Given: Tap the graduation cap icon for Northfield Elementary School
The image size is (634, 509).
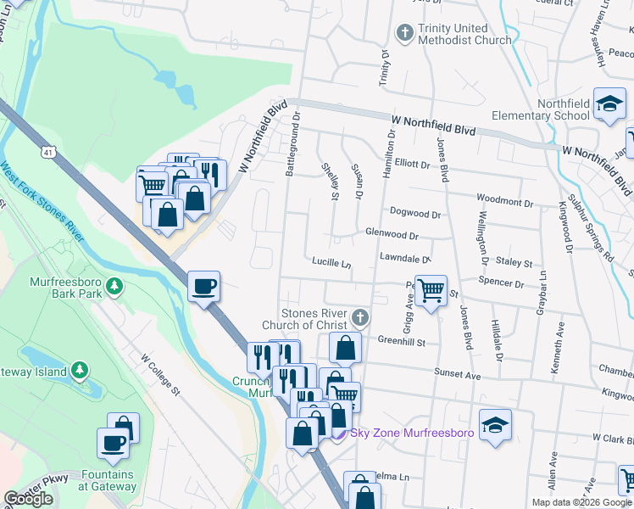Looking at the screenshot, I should point(609,105).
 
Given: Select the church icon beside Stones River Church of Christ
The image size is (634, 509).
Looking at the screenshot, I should point(360,319).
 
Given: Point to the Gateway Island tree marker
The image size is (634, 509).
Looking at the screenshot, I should point(79,370).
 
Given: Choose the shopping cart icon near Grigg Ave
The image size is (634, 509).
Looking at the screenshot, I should point(431,291).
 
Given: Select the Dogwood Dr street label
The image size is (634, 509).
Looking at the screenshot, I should point(415,212).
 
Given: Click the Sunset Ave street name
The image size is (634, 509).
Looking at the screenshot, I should point(458,374).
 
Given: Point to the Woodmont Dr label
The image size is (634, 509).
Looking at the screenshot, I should point(504,204).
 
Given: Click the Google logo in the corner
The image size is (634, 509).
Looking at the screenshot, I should point(28,500).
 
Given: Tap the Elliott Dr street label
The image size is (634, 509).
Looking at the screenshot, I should point(413,164).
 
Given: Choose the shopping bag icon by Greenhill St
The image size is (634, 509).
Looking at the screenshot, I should point(345,348).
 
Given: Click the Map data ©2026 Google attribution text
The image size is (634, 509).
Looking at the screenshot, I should point(581,502).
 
